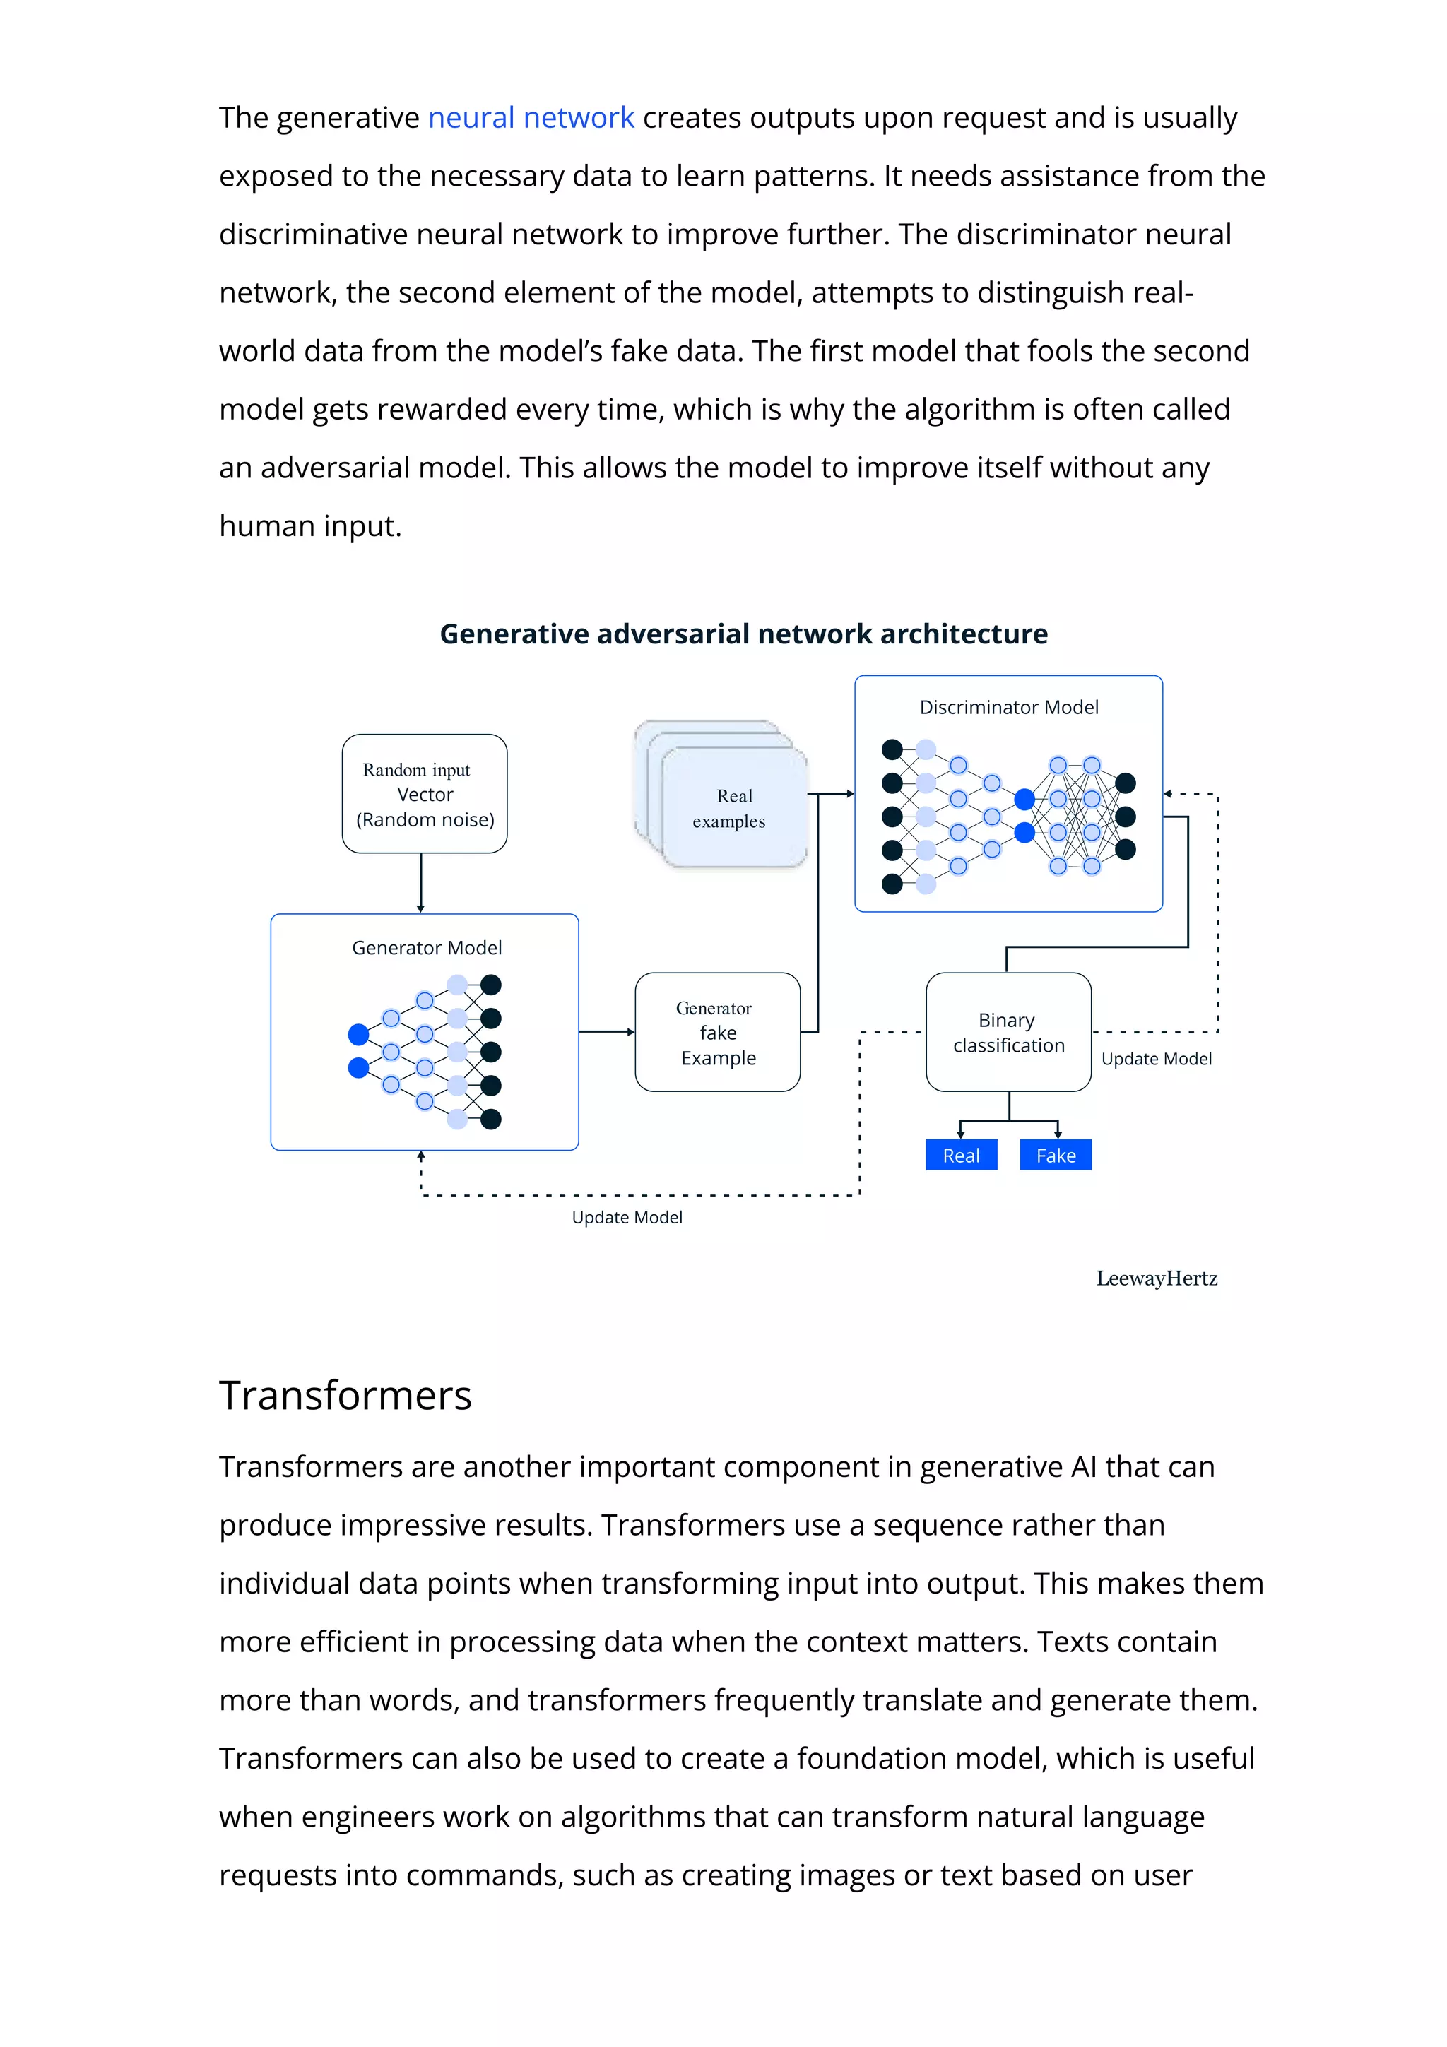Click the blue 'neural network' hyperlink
click(x=531, y=118)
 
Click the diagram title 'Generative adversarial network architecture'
click(x=743, y=634)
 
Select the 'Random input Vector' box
click(x=425, y=793)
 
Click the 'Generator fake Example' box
click(x=718, y=1033)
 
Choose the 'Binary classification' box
click(x=1008, y=1033)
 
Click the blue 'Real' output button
click(x=961, y=1156)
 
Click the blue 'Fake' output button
click(x=1056, y=1156)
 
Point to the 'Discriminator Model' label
click(x=1008, y=707)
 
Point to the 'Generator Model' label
click(x=426, y=948)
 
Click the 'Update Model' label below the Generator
click(x=627, y=1217)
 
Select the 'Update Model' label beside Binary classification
click(x=1157, y=1058)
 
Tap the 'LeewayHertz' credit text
click(x=1157, y=1278)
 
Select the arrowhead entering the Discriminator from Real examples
click(x=850, y=793)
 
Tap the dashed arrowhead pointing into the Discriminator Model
click(x=1168, y=793)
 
